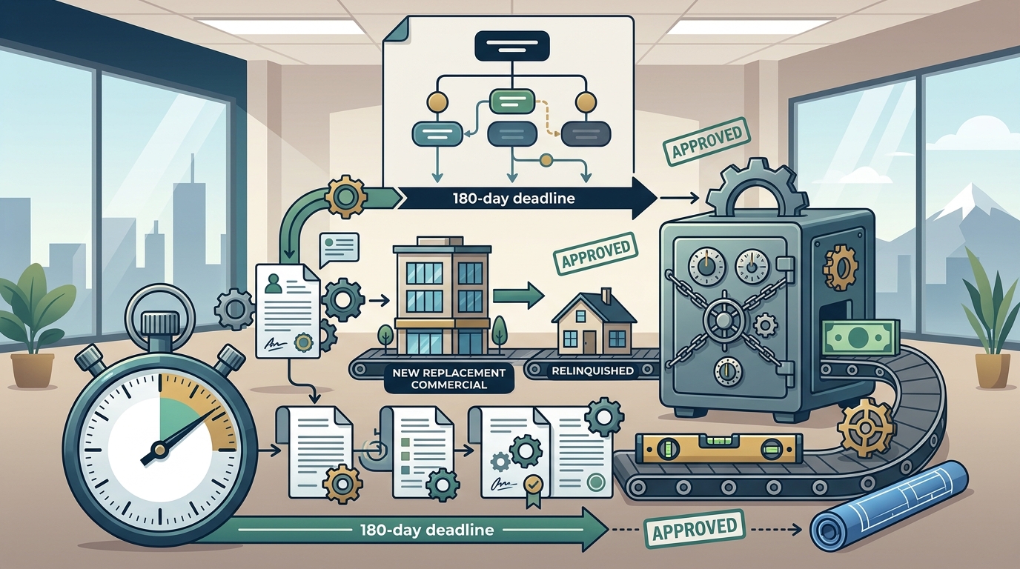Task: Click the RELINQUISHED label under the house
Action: (x=592, y=370)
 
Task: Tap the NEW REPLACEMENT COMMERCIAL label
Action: (x=448, y=379)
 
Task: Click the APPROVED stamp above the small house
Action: (x=595, y=253)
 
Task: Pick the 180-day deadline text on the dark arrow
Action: (x=514, y=199)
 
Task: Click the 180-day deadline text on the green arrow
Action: (x=427, y=530)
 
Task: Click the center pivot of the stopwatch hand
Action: (x=160, y=450)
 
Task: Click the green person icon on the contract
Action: (x=274, y=284)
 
